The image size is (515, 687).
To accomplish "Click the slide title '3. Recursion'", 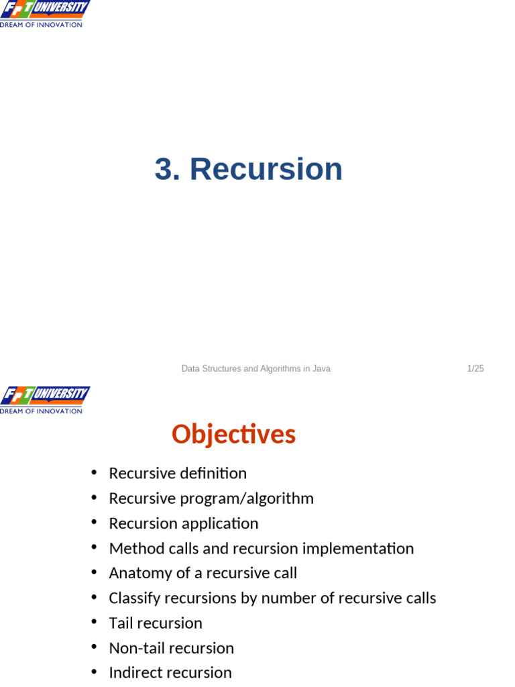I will pos(248,169).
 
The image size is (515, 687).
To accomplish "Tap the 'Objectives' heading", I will pos(233,434).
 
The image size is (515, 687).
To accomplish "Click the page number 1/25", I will pos(475,368).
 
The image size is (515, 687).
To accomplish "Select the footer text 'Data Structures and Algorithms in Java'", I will pos(255,368).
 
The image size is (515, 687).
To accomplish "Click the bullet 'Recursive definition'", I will pos(178,474).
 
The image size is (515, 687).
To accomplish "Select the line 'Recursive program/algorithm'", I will pos(211,498).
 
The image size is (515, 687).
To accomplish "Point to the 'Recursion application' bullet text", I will pos(183,523).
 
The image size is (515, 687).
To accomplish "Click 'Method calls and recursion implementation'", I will pos(261,549).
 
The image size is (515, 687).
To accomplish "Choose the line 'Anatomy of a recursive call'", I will pos(203,573).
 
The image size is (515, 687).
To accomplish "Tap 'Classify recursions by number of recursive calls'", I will pos(272,598).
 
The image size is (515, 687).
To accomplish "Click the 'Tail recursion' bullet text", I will pos(156,623).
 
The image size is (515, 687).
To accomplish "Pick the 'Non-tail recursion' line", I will pos(171,648).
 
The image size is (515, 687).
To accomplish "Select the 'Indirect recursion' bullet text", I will pos(170,672).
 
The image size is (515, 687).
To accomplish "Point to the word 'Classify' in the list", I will pos(134,598).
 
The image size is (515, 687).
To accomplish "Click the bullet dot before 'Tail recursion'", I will pos(95,622).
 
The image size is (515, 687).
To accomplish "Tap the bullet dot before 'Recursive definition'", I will pos(95,472).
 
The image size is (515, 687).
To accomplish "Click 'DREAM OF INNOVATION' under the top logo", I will pos(41,25).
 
